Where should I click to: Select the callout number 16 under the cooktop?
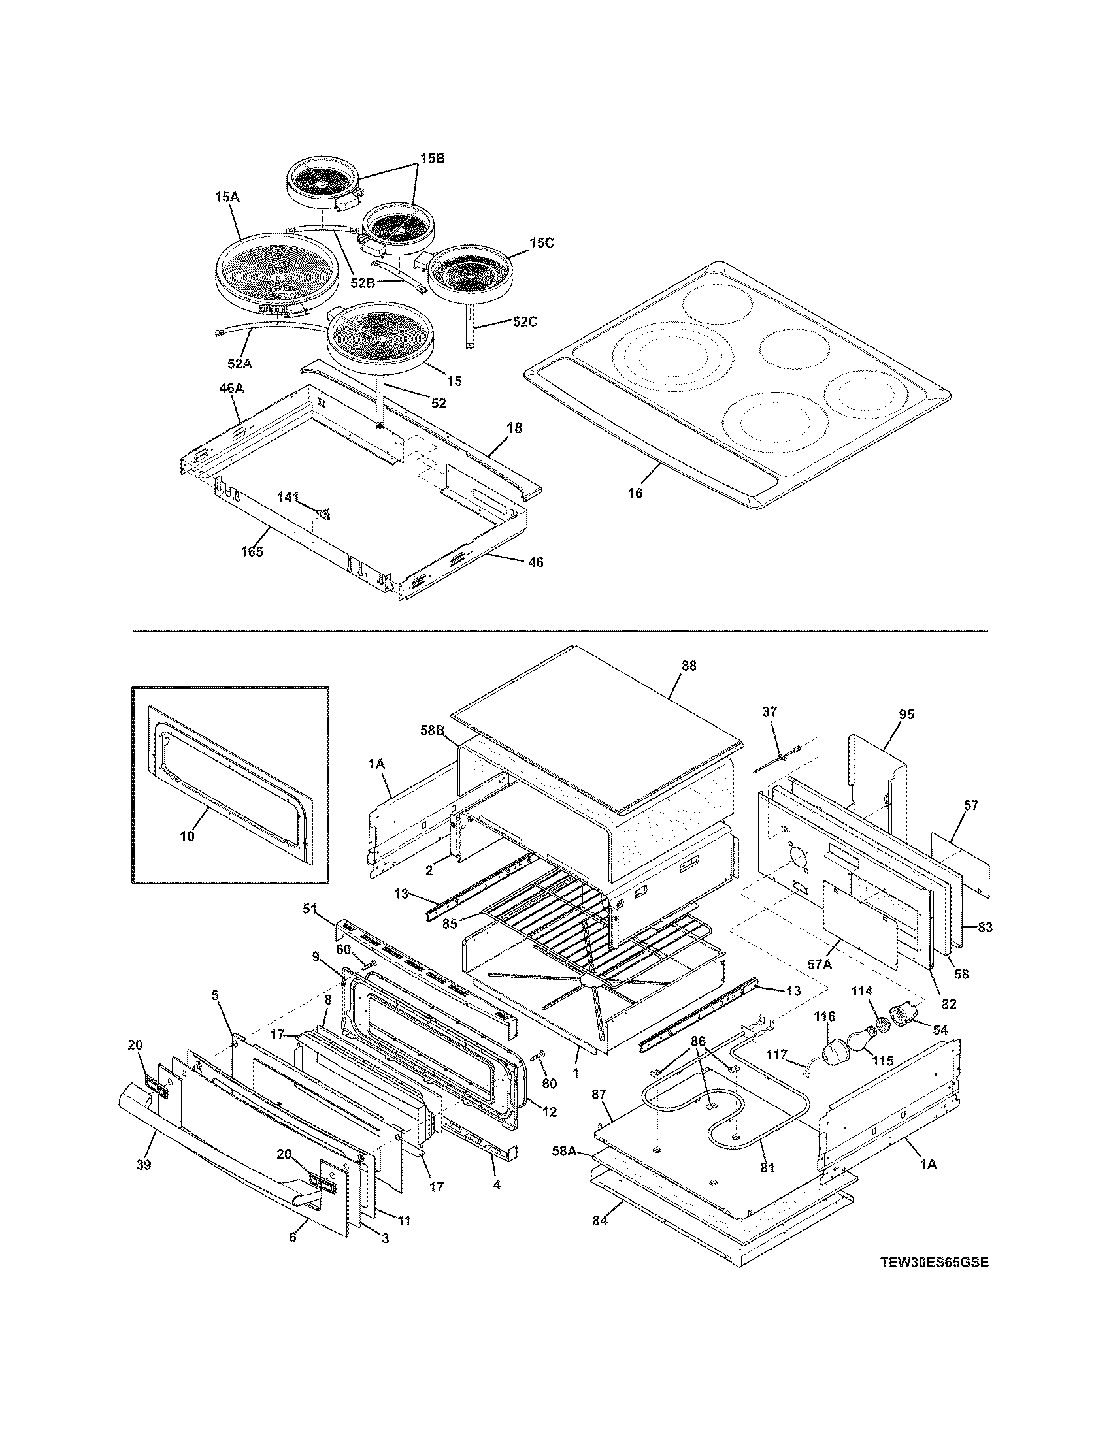click(635, 492)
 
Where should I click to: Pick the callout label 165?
click(252, 551)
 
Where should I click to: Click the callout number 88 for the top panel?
click(688, 666)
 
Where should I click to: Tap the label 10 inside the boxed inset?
click(187, 836)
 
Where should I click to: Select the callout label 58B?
click(433, 730)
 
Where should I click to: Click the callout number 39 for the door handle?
click(144, 1165)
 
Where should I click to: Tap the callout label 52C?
click(525, 322)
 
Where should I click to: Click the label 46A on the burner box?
click(231, 389)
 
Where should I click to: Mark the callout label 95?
click(906, 715)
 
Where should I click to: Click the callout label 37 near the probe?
click(769, 712)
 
